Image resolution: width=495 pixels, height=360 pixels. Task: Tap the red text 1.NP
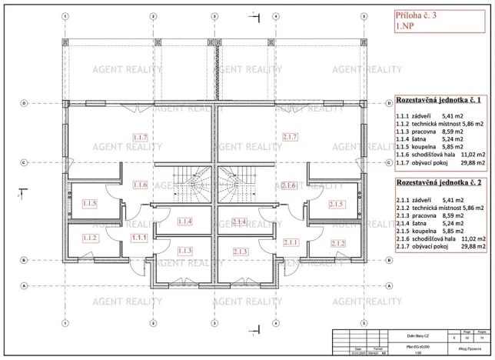pyautogui.click(x=406, y=26)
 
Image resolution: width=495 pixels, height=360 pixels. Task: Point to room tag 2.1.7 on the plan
pyautogui.click(x=291, y=137)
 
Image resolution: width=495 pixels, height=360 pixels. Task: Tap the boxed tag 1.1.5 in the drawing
pyautogui.click(x=88, y=204)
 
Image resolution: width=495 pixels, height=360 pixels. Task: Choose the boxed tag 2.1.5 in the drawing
pyautogui.click(x=335, y=204)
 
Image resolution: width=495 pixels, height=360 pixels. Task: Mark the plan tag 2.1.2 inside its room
pyautogui.click(x=335, y=243)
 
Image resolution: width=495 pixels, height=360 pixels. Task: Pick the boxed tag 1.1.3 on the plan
pyautogui.click(x=184, y=252)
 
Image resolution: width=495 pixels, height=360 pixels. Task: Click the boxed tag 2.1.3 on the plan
pyautogui.click(x=240, y=252)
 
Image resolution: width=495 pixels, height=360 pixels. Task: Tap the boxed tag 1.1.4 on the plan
pyautogui.click(x=184, y=222)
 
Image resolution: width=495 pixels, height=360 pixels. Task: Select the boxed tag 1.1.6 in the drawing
pyautogui.click(x=139, y=185)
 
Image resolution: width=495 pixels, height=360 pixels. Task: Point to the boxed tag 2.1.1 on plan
pyautogui.click(x=291, y=242)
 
